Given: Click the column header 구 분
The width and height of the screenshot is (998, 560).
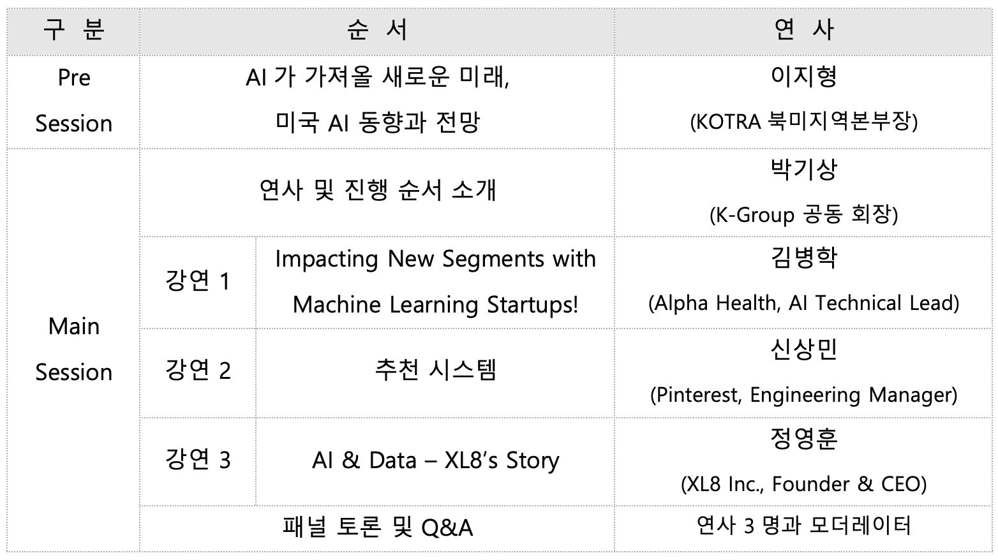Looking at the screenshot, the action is (74, 30).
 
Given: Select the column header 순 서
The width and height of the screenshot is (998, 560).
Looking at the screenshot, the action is (377, 30).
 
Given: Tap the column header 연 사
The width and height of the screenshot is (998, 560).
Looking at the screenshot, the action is (804, 30).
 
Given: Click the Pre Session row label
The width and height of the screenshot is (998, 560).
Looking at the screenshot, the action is (74, 101).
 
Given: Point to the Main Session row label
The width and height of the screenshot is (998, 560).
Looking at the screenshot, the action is (74, 350).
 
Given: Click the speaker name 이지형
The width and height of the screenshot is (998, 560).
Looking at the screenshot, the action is (804, 77).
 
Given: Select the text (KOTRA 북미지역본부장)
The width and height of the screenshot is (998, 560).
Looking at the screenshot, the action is (804, 122).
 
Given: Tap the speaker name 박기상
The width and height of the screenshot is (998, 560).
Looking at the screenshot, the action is (804, 169).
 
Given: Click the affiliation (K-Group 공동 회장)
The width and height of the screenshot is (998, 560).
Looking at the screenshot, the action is (804, 215).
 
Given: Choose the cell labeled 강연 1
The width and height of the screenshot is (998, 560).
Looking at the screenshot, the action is (198, 281).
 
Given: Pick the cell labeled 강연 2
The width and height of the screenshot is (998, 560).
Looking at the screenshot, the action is (198, 370).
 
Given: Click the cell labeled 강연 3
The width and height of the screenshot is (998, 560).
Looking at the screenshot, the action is (198, 459).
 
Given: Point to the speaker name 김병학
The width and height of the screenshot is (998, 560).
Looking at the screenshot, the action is (804, 258).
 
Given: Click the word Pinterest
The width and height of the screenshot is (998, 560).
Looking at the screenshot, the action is (696, 395).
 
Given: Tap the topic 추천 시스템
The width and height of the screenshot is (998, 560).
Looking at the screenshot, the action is (435, 370).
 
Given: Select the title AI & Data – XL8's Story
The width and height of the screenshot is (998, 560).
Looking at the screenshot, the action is (435, 461).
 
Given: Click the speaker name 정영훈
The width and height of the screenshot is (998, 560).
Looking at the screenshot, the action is (804, 438).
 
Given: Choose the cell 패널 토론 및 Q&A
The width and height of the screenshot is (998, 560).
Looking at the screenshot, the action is (377, 527).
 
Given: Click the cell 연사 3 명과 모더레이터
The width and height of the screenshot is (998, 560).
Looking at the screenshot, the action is (804, 526).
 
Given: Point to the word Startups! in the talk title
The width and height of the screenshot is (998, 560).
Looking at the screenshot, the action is (532, 305).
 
